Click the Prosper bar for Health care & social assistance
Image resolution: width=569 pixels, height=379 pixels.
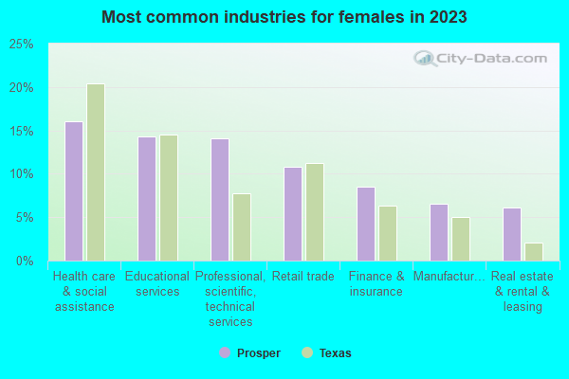pyautogui.click(x=74, y=190)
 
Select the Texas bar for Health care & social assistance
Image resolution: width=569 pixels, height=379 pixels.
pyautogui.click(x=96, y=171)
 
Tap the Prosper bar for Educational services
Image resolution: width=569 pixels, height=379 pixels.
pyautogui.click(x=147, y=198)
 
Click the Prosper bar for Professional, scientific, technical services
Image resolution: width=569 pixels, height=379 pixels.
pyautogui.click(x=220, y=199)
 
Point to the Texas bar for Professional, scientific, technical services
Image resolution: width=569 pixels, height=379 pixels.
pyautogui.click(x=242, y=226)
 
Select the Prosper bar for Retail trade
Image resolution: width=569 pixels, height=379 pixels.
pyautogui.click(x=293, y=213)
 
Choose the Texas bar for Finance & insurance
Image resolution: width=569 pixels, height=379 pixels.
pyautogui.click(x=388, y=233)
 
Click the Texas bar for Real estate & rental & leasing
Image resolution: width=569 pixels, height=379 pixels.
pyautogui.click(x=534, y=251)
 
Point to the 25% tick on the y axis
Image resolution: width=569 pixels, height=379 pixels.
pyautogui.click(x=21, y=45)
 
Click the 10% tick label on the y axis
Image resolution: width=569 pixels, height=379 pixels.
pyautogui.click(x=21, y=174)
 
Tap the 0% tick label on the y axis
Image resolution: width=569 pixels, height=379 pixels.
pyautogui.click(x=25, y=261)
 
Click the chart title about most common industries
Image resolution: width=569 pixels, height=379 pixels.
pyautogui.click(x=284, y=17)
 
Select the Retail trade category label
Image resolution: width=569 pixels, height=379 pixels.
pyautogui.click(x=303, y=277)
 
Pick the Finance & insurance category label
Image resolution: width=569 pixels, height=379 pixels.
pyautogui.click(x=376, y=283)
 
